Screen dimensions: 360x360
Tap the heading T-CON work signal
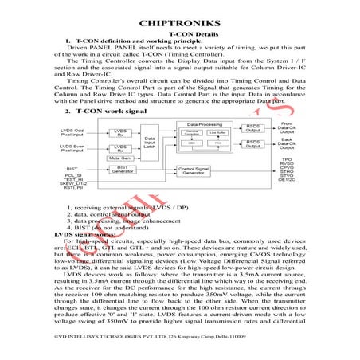(x=111, y=112)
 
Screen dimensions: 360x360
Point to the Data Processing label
(x=203, y=126)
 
